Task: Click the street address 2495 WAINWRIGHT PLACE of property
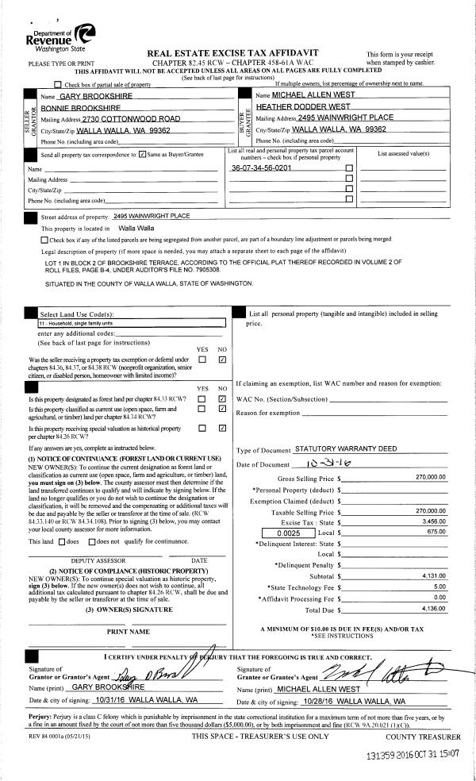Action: [153, 216]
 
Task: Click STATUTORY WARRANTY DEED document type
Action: [345, 449]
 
